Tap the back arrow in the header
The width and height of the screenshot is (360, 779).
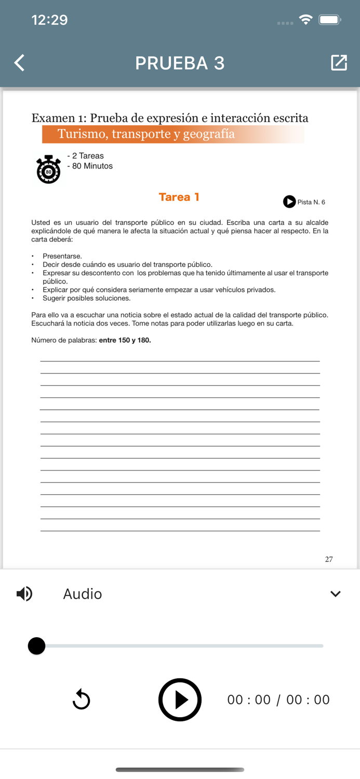20,63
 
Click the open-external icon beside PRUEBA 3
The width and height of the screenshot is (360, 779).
339,63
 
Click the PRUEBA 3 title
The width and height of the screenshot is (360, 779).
180,63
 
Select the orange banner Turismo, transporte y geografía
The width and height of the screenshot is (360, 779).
173,134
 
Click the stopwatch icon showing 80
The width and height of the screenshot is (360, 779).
48,169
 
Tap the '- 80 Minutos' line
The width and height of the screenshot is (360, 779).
90,166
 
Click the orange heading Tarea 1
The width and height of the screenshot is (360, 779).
179,197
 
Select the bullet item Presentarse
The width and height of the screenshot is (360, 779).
62,256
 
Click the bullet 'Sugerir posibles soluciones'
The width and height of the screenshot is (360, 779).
86,298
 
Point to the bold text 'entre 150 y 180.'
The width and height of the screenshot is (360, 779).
125,340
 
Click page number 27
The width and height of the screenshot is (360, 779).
329,559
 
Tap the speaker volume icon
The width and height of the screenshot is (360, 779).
24,594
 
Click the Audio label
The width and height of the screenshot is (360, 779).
82,594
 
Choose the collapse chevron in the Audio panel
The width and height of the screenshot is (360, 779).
336,594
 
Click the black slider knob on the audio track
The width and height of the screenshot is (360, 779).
36,646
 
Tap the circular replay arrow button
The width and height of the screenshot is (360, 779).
82,700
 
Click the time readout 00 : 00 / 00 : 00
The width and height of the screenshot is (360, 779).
278,700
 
